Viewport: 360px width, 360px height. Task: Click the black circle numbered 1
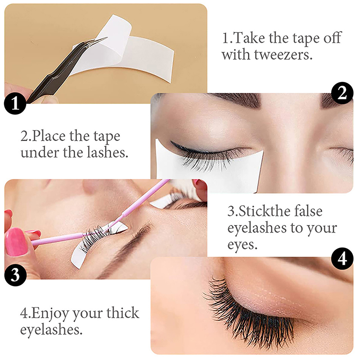[x=15, y=103]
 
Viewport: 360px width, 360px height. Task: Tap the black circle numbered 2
[x=342, y=93]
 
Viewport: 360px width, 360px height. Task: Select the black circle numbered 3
[x=15, y=275]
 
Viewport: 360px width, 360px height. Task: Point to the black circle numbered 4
[x=342, y=259]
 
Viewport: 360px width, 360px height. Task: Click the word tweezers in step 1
[x=283, y=55]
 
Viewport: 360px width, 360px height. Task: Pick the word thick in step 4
[x=122, y=313]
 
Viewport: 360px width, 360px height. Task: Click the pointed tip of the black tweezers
[x=107, y=37]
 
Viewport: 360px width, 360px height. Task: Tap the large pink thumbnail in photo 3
[x=16, y=242]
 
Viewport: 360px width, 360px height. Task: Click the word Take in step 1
[x=249, y=38]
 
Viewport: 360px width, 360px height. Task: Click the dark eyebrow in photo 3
[x=129, y=248]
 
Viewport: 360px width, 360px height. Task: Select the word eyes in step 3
[x=242, y=246]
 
